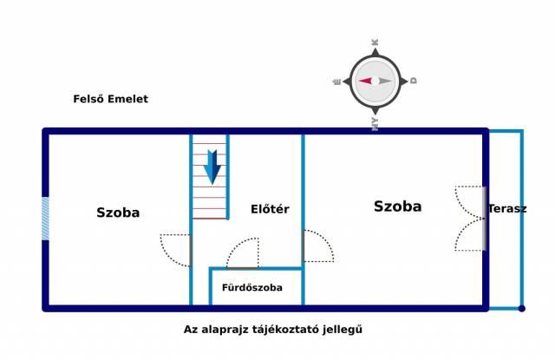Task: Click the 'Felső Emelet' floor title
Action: (110, 99)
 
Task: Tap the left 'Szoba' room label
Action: (118, 213)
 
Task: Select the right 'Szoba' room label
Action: (397, 206)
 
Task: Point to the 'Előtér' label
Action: (270, 209)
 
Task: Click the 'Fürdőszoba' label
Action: (252, 288)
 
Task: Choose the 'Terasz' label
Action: (506, 208)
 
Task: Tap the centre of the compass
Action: (375, 81)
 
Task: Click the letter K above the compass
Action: (375, 42)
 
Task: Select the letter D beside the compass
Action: (414, 81)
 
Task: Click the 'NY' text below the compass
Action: (375, 123)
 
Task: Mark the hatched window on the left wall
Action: (45, 218)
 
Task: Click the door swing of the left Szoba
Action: (176, 250)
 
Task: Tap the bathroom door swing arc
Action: (242, 254)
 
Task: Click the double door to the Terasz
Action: (471, 219)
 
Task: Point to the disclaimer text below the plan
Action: (272, 330)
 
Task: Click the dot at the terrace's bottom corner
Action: (521, 308)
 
